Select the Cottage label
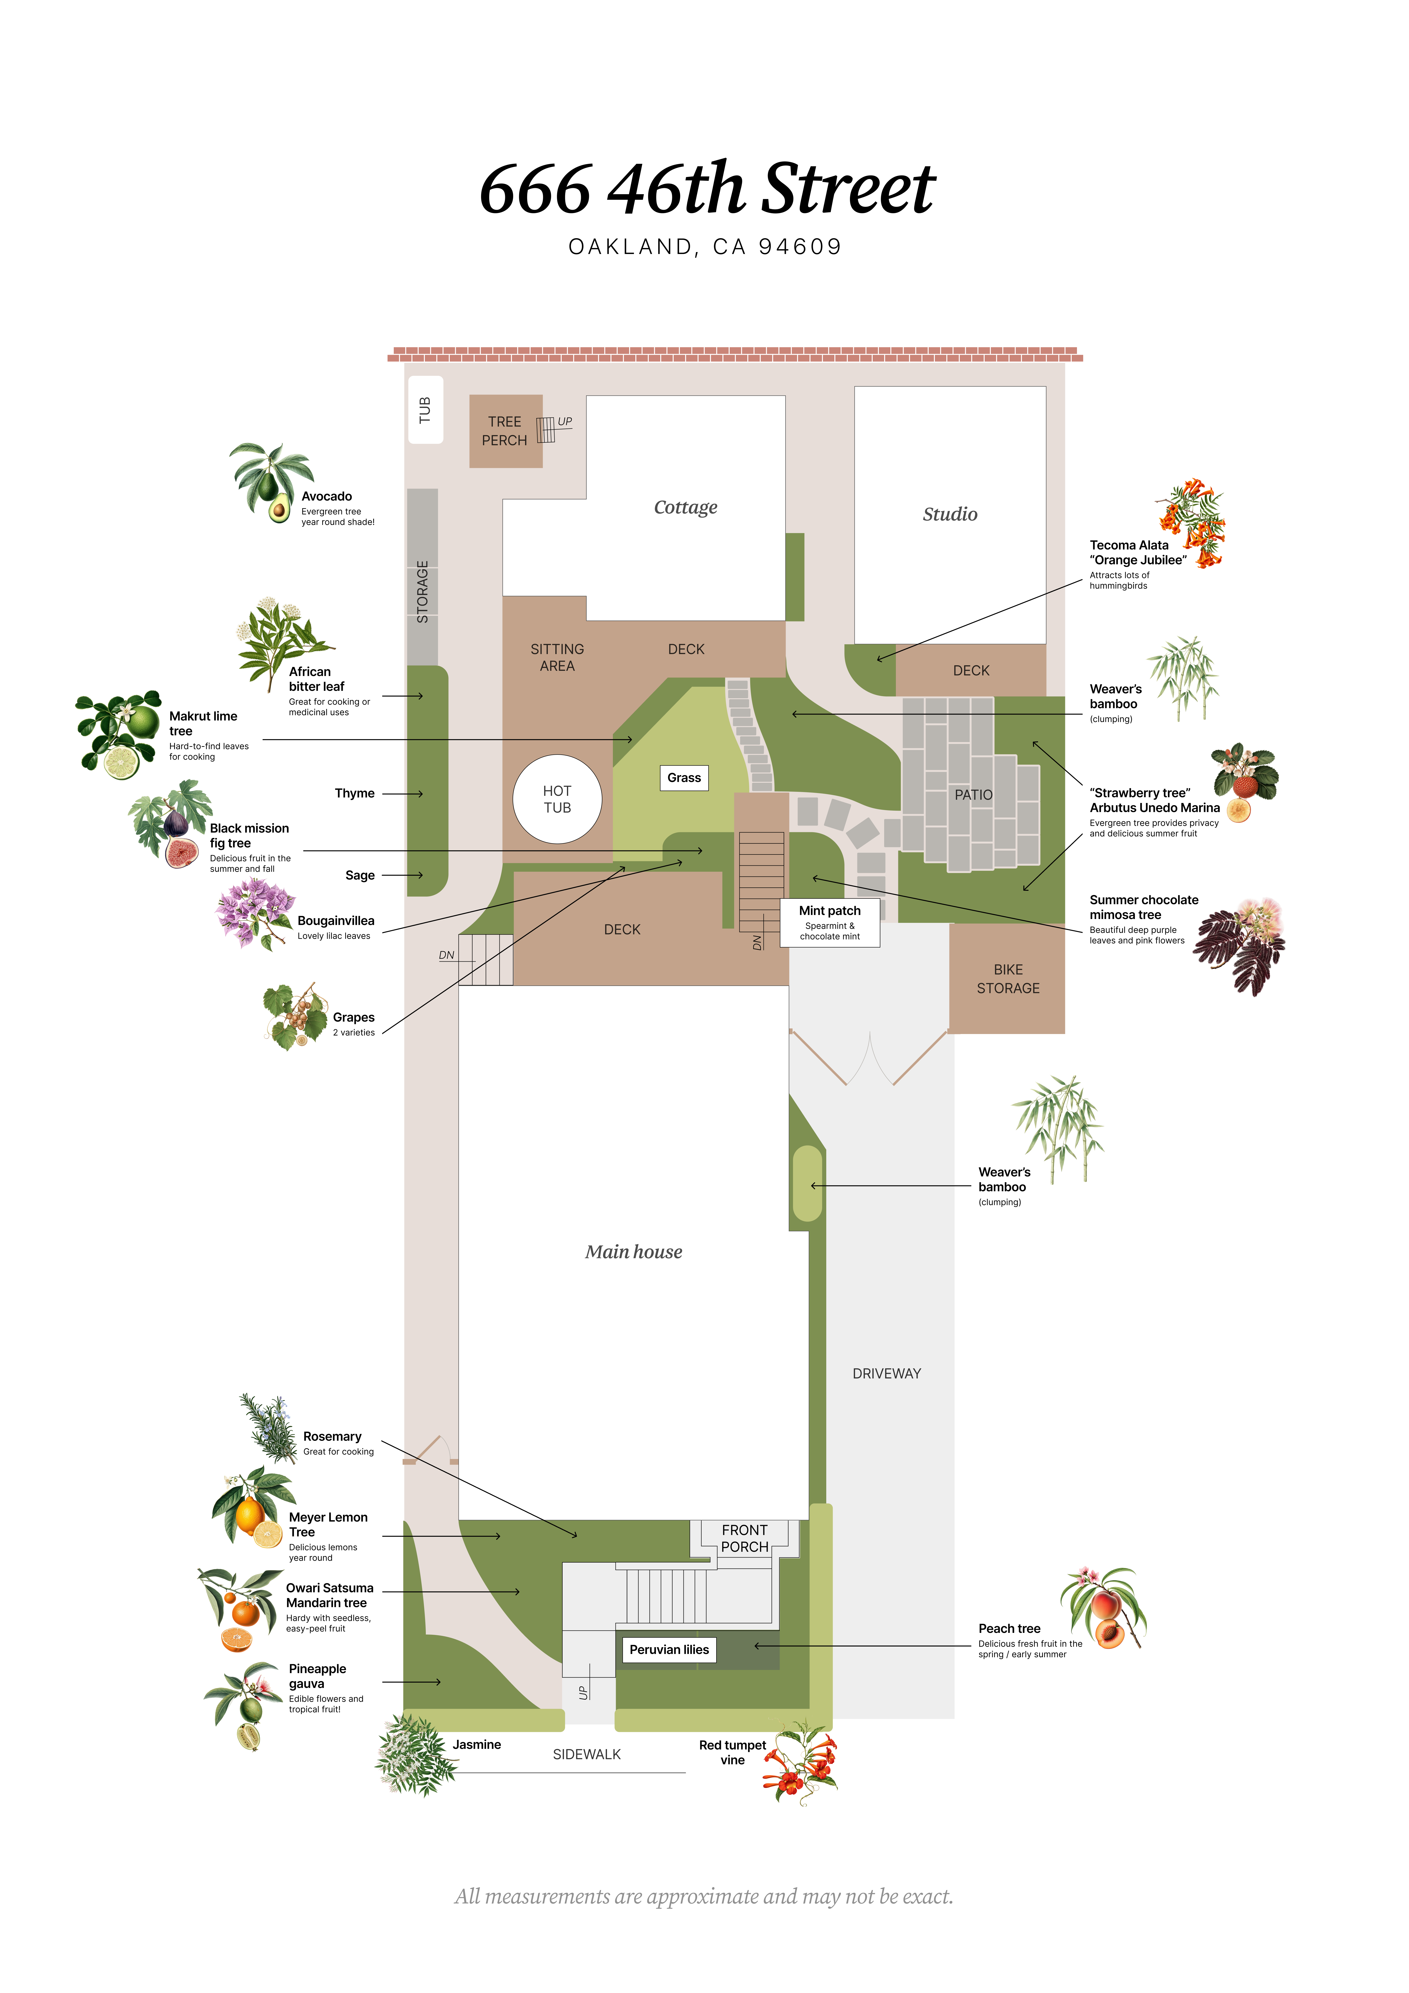click(686, 507)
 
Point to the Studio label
click(950, 514)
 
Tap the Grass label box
click(684, 778)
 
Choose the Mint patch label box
click(830, 922)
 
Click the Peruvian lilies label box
click(669, 1649)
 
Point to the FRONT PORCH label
click(745, 1538)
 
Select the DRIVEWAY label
click(886, 1373)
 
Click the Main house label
click(634, 1252)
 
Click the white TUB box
click(425, 410)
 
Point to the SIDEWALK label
click(587, 1754)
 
